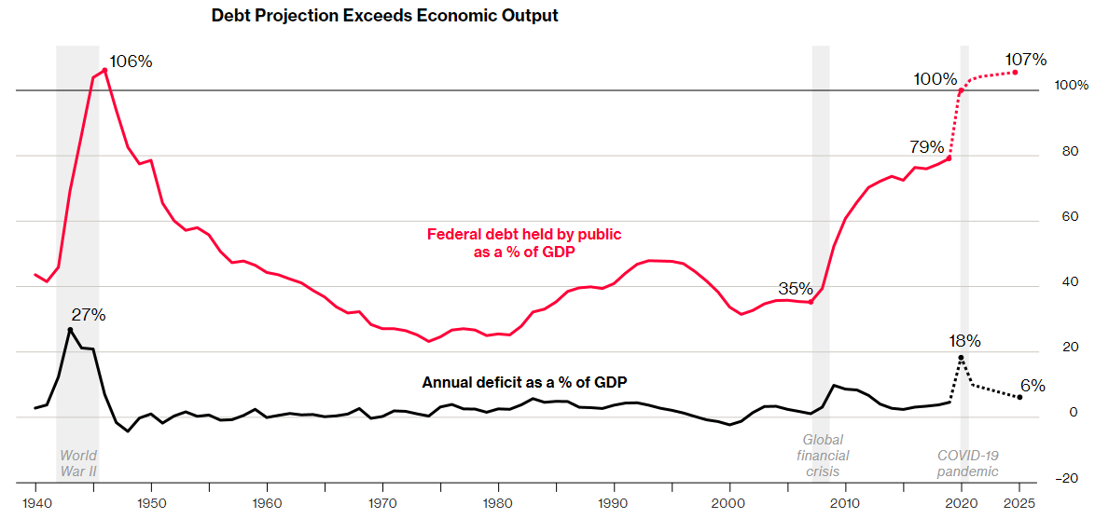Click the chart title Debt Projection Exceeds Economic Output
coord(385,16)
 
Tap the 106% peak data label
coord(131,61)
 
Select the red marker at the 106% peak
coord(104,70)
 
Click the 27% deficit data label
coord(90,315)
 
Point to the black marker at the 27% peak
coord(70,330)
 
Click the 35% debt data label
coord(796,288)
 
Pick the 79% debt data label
coord(927,147)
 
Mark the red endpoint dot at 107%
coord(1016,73)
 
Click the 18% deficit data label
coord(963,341)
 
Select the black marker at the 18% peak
coord(961,358)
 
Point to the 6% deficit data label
coord(1032,386)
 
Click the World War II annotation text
coord(78,463)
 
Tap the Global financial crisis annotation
coord(823,456)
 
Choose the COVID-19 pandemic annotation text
coord(967,463)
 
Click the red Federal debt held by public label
coord(523,242)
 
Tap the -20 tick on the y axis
coord(1066,479)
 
